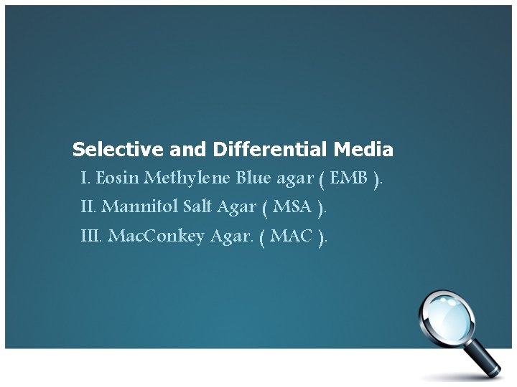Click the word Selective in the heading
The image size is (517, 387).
pyautogui.click(x=118, y=150)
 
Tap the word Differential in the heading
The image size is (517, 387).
pyautogui.click(x=269, y=150)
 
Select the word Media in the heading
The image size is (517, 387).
pyautogui.click(x=363, y=150)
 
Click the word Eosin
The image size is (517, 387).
pyautogui.click(x=118, y=178)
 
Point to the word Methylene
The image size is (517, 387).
pyautogui.click(x=188, y=178)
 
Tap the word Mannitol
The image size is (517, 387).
pyautogui.click(x=141, y=207)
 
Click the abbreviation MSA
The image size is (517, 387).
pyautogui.click(x=292, y=207)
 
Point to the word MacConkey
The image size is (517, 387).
pyautogui.click(x=156, y=236)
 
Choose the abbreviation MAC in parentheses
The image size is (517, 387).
pyautogui.click(x=292, y=236)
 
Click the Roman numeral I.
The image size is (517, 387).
pyautogui.click(x=85, y=178)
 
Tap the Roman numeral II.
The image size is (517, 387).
pyautogui.click(x=88, y=207)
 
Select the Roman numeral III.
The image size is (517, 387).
pyautogui.click(x=91, y=236)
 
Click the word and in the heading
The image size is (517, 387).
pyautogui.click(x=189, y=150)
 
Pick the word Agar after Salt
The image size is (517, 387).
pyautogui.click(x=236, y=207)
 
